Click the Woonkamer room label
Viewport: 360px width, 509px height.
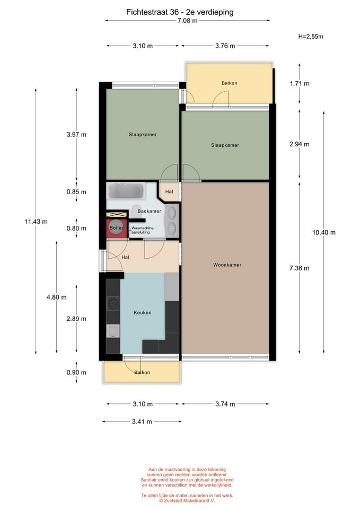(227, 265)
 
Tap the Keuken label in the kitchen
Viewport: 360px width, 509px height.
(143, 313)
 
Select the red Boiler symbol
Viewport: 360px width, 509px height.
(116, 228)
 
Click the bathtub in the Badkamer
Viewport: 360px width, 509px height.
(126, 191)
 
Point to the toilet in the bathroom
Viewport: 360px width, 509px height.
(137, 210)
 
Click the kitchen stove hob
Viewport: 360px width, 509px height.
(113, 304)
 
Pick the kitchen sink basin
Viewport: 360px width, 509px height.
(113, 331)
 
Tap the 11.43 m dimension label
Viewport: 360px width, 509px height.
(36, 222)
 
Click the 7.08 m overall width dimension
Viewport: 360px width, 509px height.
(187, 21)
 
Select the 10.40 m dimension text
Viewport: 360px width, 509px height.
(324, 232)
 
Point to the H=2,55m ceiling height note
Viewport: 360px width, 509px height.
(311, 37)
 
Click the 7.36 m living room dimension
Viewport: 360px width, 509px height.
(300, 268)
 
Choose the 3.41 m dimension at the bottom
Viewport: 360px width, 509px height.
(142, 422)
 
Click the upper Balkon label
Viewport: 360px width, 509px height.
(229, 83)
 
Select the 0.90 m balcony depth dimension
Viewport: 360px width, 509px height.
(76, 373)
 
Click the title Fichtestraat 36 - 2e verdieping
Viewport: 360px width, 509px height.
(180, 12)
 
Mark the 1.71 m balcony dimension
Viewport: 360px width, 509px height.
(300, 84)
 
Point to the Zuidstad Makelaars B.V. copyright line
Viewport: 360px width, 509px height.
(187, 501)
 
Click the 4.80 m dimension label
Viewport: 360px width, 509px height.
(57, 297)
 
